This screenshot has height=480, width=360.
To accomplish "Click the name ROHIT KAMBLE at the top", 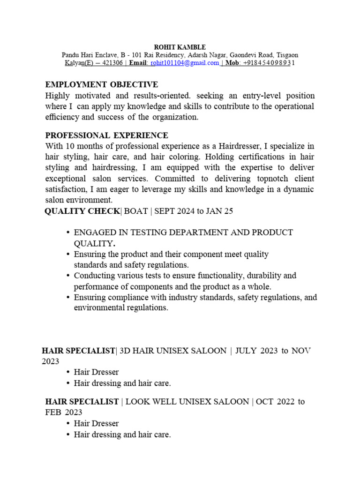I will point(180,47).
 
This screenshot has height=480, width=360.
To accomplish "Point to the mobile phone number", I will point(269,63).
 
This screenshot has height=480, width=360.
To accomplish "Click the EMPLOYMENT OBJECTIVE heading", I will point(101,84).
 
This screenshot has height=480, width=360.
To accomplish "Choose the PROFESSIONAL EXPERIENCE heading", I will point(106,136).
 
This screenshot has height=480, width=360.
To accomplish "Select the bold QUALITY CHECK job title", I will point(82,211).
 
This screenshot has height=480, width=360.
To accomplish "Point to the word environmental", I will point(97,308).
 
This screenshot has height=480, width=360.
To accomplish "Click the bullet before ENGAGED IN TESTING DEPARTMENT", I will point(68,232).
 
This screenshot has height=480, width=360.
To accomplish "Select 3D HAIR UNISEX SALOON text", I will point(173,351).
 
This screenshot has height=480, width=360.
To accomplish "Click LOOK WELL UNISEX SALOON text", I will point(187,402).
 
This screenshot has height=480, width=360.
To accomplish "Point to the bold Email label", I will point(139,63).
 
